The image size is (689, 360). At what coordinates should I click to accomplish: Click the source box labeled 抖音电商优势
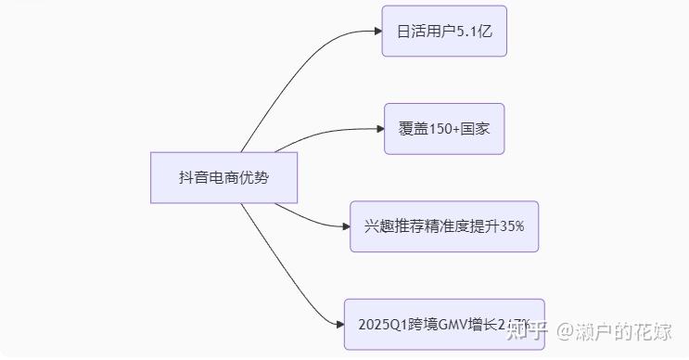pyautogui.click(x=223, y=177)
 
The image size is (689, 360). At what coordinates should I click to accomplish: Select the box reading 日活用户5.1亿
pyautogui.click(x=444, y=31)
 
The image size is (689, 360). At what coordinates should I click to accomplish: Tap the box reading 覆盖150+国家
pyautogui.click(x=444, y=128)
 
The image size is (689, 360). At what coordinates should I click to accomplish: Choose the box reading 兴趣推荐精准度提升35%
pyautogui.click(x=444, y=225)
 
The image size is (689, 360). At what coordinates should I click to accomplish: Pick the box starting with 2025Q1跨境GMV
pyautogui.click(x=444, y=324)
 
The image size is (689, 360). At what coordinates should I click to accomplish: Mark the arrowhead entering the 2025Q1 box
pyautogui.click(x=338, y=324)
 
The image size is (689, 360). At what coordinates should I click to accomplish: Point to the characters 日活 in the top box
pyautogui.click(x=411, y=31)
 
